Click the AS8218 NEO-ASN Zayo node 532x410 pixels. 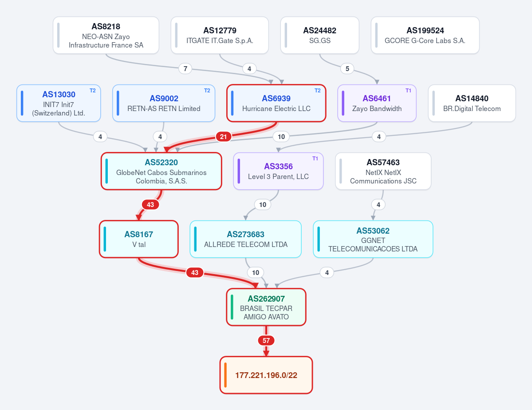pyautogui.click(x=106, y=36)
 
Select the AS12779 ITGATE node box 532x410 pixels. pyautogui.click(x=220, y=36)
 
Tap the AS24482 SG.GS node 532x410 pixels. pyautogui.click(x=319, y=36)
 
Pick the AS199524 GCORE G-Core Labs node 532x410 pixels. pyautogui.click(x=425, y=36)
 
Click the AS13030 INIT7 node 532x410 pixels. pyautogui.click(x=59, y=103)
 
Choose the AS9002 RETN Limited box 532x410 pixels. pyautogui.click(x=164, y=103)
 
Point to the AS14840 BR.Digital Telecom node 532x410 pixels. pyautogui.click(x=472, y=103)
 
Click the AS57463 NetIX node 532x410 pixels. pyautogui.click(x=383, y=171)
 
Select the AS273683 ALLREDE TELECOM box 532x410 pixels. pyautogui.click(x=246, y=239)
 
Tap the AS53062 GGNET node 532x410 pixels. pyautogui.click(x=373, y=239)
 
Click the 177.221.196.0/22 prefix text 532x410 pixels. pyautogui.click(x=266, y=375)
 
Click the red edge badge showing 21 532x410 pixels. pyautogui.click(x=223, y=136)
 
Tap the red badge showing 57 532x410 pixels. pyautogui.click(x=266, y=340)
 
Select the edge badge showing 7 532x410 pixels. pyautogui.click(x=185, y=68)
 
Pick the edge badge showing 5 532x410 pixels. pyautogui.click(x=347, y=68)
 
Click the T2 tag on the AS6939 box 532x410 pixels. pyautogui.click(x=318, y=91)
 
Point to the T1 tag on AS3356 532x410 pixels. pyautogui.click(x=315, y=159)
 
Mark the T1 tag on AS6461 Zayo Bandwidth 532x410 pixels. pyautogui.click(x=408, y=91)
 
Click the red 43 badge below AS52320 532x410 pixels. pyautogui.click(x=150, y=204)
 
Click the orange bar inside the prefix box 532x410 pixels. pyautogui.click(x=225, y=375)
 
